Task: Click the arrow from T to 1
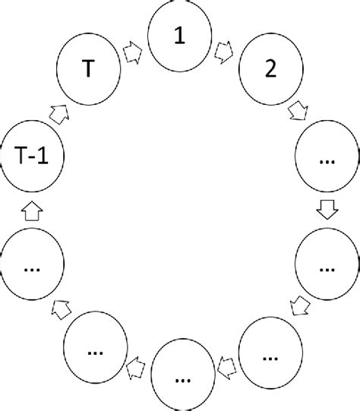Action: (x=132, y=51)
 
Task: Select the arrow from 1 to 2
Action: (x=225, y=51)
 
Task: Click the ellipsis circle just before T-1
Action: (x=32, y=267)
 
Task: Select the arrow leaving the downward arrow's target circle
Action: (x=299, y=306)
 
